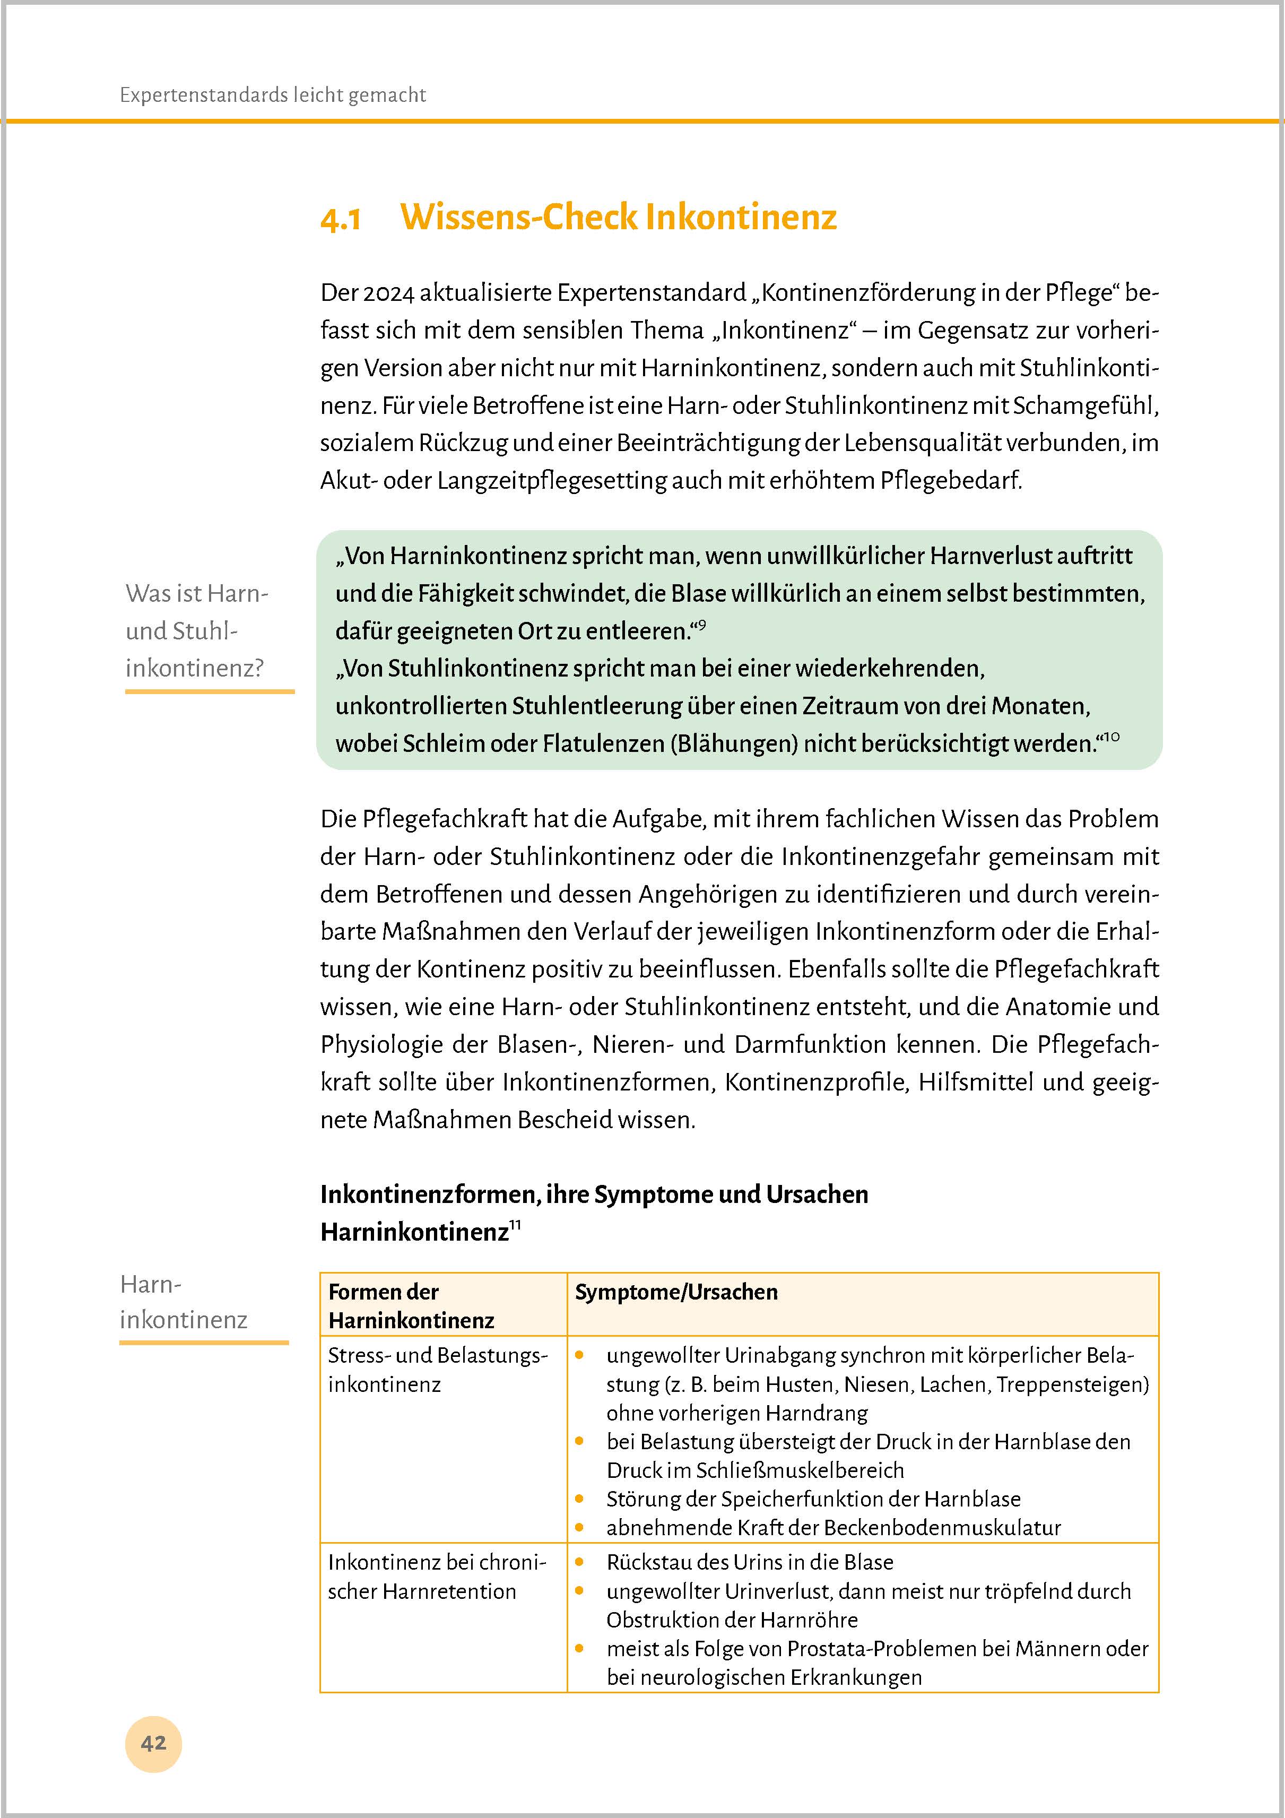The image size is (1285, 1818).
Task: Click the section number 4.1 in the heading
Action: [341, 219]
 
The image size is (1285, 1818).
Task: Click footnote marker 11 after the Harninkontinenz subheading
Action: [515, 1226]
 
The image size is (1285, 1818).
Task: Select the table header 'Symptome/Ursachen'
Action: [675, 1292]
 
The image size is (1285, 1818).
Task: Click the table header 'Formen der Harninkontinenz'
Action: [411, 1306]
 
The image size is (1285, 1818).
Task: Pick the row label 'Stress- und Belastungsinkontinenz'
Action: [437, 1369]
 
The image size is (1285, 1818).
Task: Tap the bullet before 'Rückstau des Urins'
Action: [579, 1562]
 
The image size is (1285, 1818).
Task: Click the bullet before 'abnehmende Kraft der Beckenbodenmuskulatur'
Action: [579, 1527]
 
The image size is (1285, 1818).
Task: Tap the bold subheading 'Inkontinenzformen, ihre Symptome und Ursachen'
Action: [594, 1194]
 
